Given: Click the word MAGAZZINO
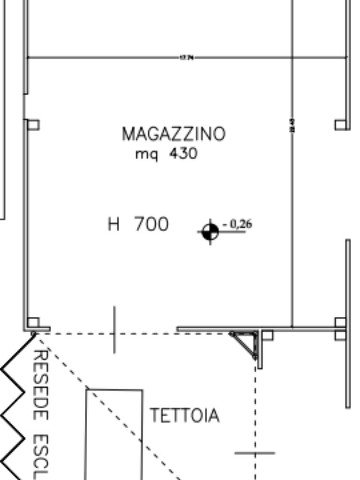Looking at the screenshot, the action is (x=173, y=134).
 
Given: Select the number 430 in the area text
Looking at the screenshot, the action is (x=183, y=153).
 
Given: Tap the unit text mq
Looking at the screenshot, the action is (x=146, y=154).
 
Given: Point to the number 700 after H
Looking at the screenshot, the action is (x=151, y=224).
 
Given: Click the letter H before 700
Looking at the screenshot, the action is (x=114, y=224).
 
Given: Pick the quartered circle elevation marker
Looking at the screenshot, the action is (x=210, y=232).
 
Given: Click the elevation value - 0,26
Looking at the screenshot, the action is (x=238, y=225).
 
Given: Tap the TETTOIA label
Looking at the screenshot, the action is (x=184, y=415).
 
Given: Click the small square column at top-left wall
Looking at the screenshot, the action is (x=33, y=125).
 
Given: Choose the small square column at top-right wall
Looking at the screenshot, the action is (x=341, y=125).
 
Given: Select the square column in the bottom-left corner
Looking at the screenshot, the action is (x=33, y=322).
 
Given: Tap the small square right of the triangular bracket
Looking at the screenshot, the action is (x=267, y=335).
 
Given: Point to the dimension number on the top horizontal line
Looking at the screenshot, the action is (x=187, y=58).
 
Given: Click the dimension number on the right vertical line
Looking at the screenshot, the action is (x=292, y=125).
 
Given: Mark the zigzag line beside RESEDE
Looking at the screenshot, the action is (x=14, y=403).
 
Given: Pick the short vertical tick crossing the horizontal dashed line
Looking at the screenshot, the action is (x=115, y=330).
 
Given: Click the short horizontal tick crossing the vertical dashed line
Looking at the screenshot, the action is (x=255, y=453).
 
